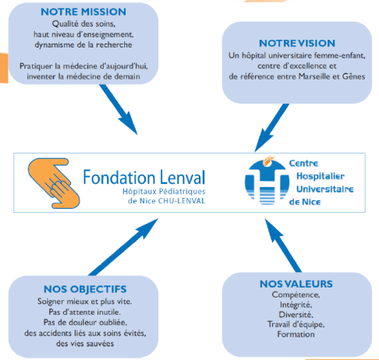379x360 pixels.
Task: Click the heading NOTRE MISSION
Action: [83, 12]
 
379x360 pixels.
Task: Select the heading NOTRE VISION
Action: [297, 44]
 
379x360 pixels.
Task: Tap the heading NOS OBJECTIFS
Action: [85, 289]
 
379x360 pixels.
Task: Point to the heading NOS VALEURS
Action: [296, 284]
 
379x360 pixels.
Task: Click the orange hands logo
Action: [54, 183]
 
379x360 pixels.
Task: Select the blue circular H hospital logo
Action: [267, 181]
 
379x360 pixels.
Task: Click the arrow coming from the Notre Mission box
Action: [119, 109]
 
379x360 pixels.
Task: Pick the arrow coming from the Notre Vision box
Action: [272, 128]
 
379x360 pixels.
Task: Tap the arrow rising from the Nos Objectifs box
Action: [123, 247]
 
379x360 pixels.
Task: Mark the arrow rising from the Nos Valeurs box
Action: [283, 245]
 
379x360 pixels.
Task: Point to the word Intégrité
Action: [296, 305]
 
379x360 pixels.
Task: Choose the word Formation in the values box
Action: [296, 334]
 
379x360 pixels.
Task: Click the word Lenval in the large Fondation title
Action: [182, 178]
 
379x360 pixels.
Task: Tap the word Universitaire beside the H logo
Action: [325, 189]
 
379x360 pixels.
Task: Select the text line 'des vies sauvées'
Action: [85, 344]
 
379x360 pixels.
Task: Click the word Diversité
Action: [296, 315]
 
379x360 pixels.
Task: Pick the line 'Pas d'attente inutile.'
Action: [85, 312]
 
